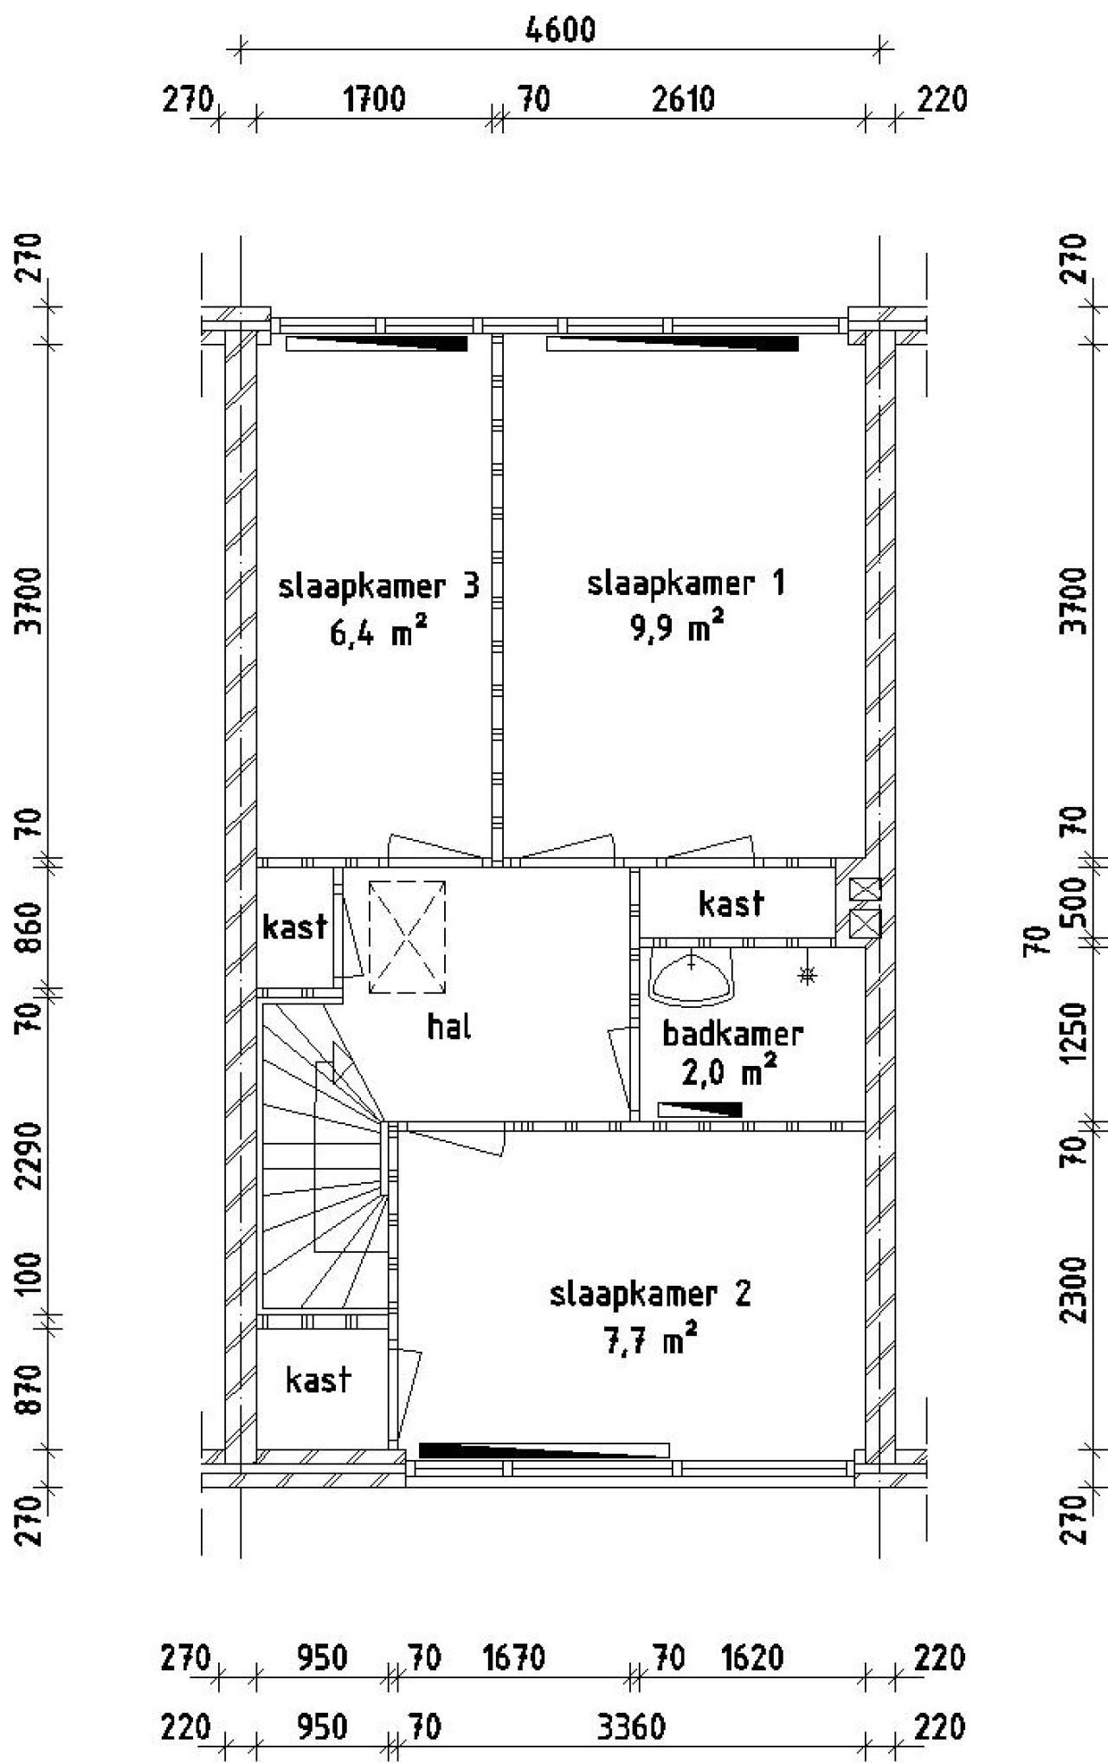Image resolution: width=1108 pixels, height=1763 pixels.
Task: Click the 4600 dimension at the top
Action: click(x=560, y=29)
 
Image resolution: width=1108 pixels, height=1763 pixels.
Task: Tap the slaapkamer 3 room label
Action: click(x=378, y=586)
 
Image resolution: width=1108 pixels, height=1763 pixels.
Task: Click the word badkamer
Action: click(x=732, y=1033)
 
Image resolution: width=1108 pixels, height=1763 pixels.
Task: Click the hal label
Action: click(x=449, y=1027)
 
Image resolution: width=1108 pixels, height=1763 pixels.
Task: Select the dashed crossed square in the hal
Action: click(x=407, y=937)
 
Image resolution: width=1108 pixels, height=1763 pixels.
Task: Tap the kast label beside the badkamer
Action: click(x=731, y=903)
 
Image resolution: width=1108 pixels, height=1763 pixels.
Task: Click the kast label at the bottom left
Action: click(x=318, y=1379)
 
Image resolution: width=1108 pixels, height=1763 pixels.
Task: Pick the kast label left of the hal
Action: click(x=294, y=927)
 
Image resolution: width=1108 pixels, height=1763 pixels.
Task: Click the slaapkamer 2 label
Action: click(x=650, y=1294)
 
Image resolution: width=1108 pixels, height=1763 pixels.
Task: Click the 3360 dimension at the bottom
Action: click(x=631, y=1728)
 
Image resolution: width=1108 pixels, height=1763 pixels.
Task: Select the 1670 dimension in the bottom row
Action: click(x=513, y=1658)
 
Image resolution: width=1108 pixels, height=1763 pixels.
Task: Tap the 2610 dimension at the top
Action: click(x=683, y=100)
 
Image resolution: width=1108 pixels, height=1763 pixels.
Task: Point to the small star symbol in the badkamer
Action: click(x=807, y=976)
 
